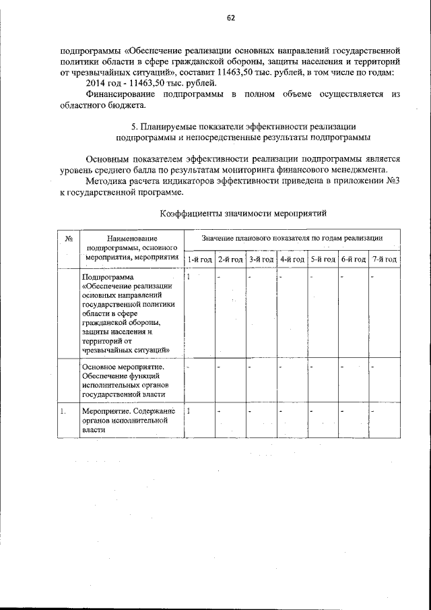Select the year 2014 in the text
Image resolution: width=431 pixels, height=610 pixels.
pos(99,83)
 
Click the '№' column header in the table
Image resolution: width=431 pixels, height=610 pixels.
pos(69,238)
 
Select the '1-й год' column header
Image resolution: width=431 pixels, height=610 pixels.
pos(199,259)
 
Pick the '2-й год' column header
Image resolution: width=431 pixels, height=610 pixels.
pos(230,259)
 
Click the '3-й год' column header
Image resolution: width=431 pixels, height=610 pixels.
pos(261,259)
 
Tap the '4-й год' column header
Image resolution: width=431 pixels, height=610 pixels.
pos(292,259)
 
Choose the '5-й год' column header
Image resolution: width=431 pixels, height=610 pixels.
pos(322,259)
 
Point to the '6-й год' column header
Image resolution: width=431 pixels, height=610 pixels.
pos(353,259)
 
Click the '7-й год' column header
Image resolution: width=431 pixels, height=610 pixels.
pos(384,259)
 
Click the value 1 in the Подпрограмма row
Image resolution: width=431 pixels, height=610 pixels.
pos(189,276)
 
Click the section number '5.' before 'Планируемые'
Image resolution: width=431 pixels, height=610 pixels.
pos(133,126)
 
